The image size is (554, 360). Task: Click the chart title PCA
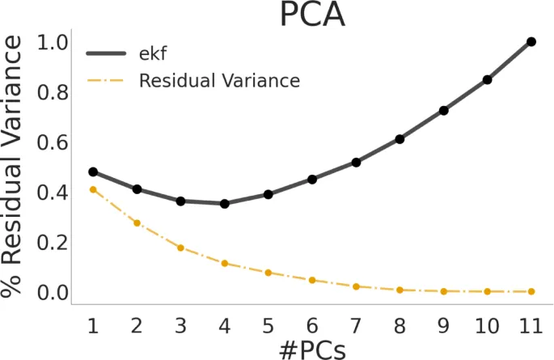coord(312,16)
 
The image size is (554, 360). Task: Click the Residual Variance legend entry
coord(219,81)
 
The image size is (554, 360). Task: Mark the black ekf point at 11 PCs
coord(531,41)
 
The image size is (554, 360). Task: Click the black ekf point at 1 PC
coord(93,172)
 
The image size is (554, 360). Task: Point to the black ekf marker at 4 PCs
coord(224,204)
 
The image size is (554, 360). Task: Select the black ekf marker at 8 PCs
coord(400,139)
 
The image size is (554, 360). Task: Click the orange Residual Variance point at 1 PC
coord(93,189)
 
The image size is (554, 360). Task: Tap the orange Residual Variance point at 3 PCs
coord(180,248)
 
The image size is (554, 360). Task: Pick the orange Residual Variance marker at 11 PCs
coord(531,291)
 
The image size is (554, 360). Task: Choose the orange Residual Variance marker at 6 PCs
coord(312,280)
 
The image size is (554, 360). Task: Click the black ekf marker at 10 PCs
coord(488,79)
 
